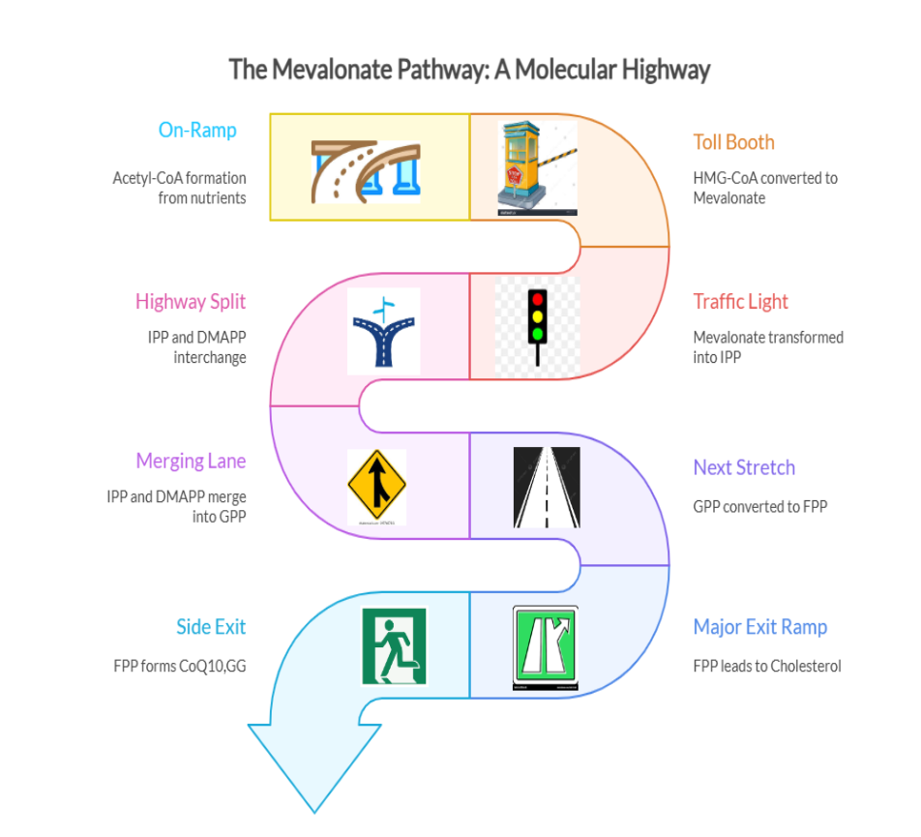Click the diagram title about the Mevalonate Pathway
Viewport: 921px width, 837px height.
(x=469, y=70)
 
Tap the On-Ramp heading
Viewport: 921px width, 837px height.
(x=197, y=130)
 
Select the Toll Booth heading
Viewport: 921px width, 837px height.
(x=733, y=142)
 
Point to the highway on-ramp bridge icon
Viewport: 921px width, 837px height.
(x=366, y=170)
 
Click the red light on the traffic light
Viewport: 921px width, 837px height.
(x=538, y=299)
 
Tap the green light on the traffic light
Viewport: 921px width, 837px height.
(x=538, y=334)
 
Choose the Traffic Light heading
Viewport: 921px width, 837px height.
(x=740, y=302)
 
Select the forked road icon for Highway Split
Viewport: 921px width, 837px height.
(x=384, y=331)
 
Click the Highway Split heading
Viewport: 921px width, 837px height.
(x=191, y=302)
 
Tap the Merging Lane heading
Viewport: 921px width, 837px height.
(x=191, y=462)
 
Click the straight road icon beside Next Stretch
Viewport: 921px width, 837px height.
(x=547, y=487)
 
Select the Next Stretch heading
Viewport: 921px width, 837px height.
(x=744, y=468)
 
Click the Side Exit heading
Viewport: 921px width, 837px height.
(x=211, y=627)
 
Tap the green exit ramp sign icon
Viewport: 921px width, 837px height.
(x=545, y=647)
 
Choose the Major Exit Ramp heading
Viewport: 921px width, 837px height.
(x=759, y=627)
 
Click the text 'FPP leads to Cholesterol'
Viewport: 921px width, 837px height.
(x=766, y=666)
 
